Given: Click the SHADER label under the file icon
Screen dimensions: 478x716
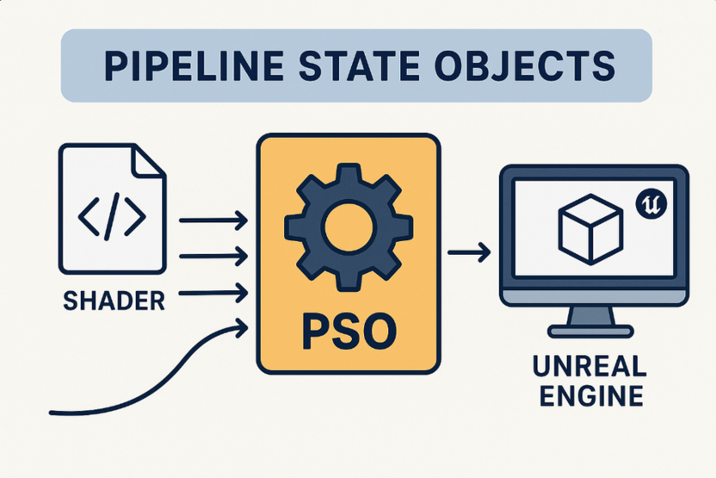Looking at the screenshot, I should [114, 301].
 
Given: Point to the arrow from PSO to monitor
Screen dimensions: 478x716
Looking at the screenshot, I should [469, 252].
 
